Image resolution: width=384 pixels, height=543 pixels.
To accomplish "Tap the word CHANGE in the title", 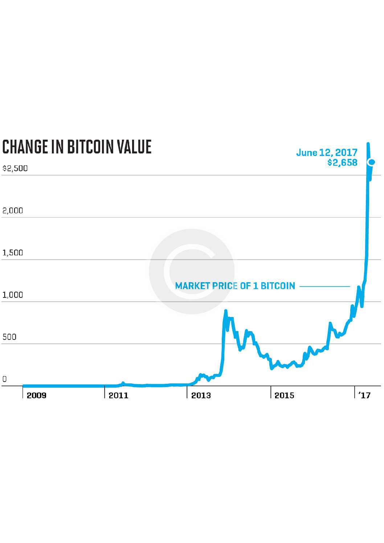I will tap(25, 147).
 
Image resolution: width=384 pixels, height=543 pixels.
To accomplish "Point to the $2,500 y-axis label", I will tap(15, 168).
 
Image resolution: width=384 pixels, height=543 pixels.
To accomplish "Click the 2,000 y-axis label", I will tap(13, 210).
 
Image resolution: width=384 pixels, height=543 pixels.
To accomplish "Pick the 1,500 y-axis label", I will tap(13, 252).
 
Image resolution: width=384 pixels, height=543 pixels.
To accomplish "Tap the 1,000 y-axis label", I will tap(13, 295).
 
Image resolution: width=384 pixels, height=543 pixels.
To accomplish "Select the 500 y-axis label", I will tap(9, 337).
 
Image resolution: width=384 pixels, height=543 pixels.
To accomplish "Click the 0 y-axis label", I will tap(4, 379).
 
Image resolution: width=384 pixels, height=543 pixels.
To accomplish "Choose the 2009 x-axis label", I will tap(37, 395).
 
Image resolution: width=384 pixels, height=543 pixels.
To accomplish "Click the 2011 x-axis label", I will tap(119, 395).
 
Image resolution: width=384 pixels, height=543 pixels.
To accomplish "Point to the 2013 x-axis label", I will tap(201, 395).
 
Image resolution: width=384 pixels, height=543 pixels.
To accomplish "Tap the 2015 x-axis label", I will tap(284, 395).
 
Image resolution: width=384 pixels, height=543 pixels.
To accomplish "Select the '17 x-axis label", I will tap(364, 395).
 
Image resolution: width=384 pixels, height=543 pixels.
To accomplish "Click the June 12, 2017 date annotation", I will tap(327, 152).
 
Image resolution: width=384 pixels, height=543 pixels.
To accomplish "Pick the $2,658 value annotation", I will tap(342, 163).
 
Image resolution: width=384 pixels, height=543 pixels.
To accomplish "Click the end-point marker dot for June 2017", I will tap(372, 162).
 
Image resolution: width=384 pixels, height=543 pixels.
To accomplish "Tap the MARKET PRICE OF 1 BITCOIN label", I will tap(235, 286).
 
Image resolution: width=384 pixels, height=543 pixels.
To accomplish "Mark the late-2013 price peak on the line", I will tap(226, 311).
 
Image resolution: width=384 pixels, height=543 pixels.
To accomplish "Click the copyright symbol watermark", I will tap(192, 271).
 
